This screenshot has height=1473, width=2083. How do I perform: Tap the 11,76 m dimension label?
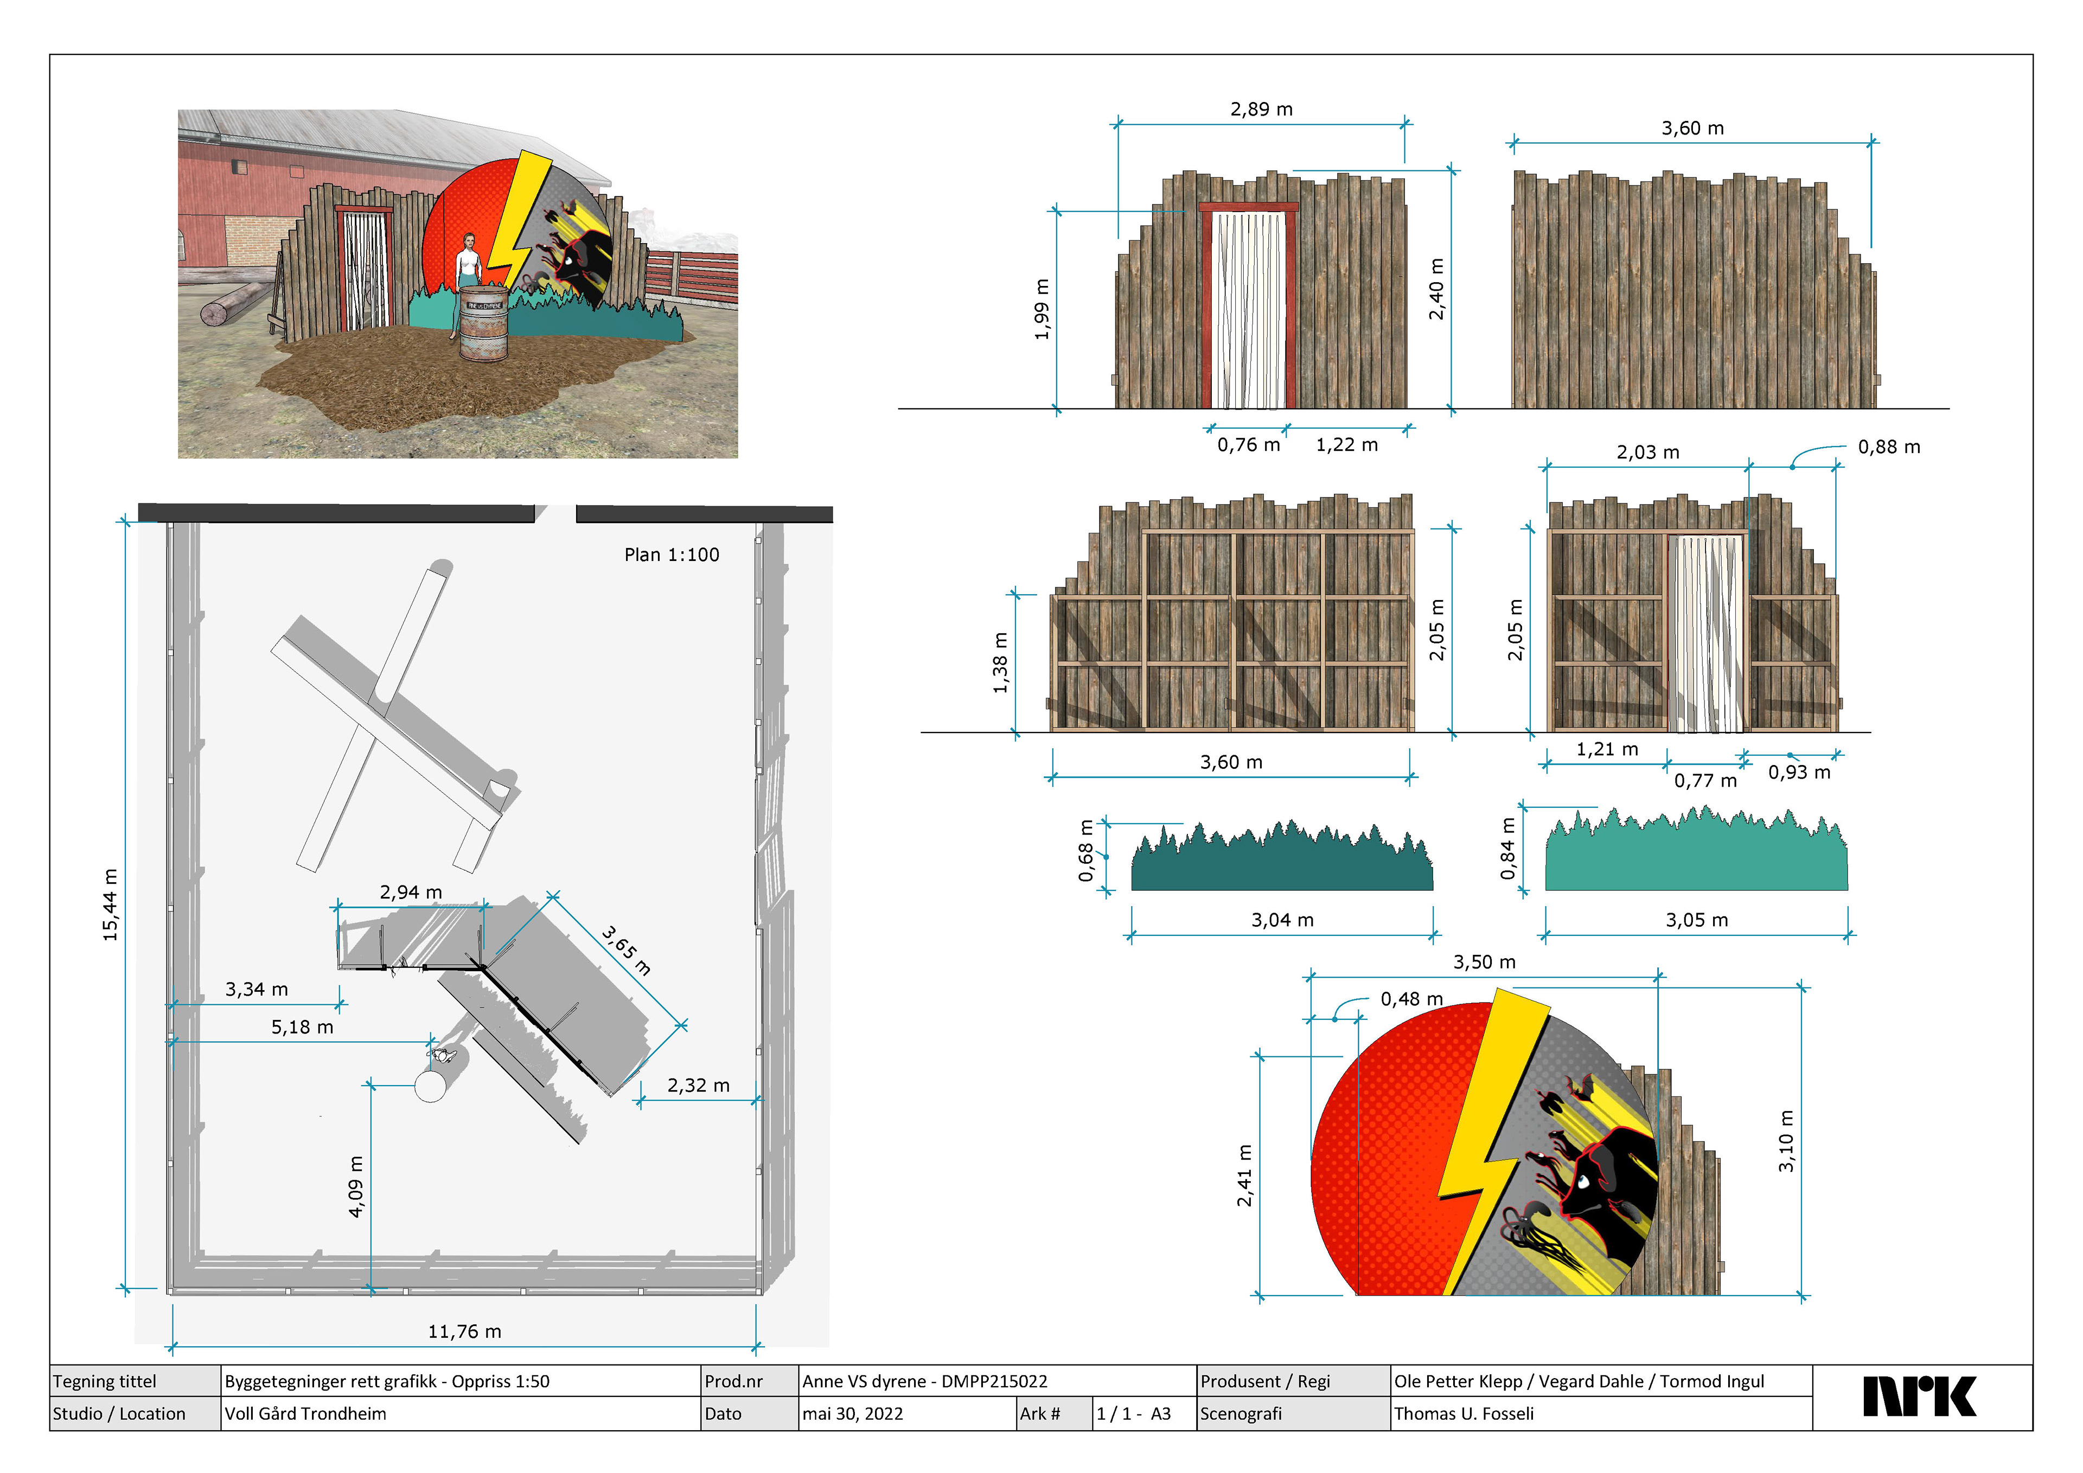pyautogui.click(x=464, y=1331)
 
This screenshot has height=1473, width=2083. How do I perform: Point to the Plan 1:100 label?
pyautogui.click(x=672, y=554)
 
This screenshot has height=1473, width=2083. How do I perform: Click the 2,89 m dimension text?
pyautogui.click(x=1261, y=109)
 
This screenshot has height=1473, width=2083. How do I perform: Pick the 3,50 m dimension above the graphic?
pyautogui.click(x=1484, y=962)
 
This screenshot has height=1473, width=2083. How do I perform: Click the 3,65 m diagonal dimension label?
pyautogui.click(x=626, y=949)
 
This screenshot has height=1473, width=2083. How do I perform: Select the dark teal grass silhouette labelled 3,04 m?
pyautogui.click(x=1281, y=862)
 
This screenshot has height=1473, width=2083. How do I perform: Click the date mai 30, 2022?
pyautogui.click(x=853, y=1414)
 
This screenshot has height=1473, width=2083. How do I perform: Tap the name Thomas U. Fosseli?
pyautogui.click(x=1464, y=1414)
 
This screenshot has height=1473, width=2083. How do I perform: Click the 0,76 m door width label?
pyautogui.click(x=1248, y=445)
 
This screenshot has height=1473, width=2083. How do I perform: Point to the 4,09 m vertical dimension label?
pyautogui.click(x=356, y=1186)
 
